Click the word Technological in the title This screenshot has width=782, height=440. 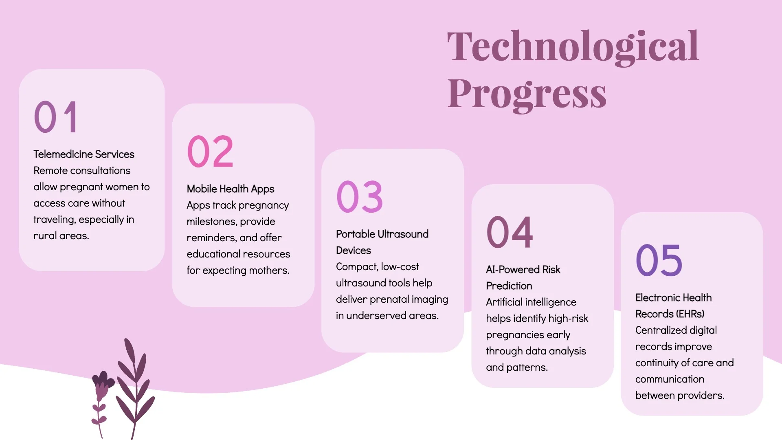point(573,47)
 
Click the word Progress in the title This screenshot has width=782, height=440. point(527,94)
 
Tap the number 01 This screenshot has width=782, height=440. point(56,117)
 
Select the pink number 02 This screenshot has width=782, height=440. point(210,152)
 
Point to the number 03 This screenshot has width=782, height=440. point(360,197)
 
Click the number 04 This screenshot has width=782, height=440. point(510,233)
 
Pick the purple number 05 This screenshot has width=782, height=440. point(659,261)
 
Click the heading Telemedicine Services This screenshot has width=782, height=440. point(84,154)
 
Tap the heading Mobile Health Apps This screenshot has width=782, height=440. point(231,189)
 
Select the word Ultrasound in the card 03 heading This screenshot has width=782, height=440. point(403,234)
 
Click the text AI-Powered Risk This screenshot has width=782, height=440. point(523,270)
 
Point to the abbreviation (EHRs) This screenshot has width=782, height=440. point(690,314)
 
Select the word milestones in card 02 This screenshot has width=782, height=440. point(211,222)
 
